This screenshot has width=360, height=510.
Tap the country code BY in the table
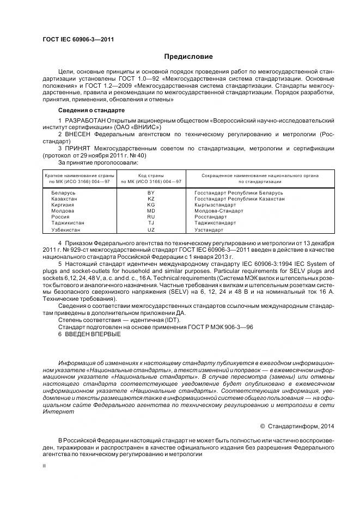coord(151,193)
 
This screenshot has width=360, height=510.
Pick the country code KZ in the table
coord(151,199)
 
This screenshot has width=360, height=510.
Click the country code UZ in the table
coord(151,229)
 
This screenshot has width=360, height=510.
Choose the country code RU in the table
coord(151,217)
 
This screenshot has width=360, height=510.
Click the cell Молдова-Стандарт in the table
coord(215,211)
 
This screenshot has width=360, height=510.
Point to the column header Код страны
coord(151,175)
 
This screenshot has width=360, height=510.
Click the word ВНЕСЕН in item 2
coord(81,133)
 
